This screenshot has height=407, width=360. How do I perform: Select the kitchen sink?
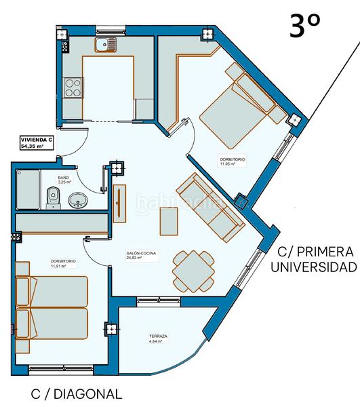click(106, 45)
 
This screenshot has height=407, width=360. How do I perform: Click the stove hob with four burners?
click(73, 87)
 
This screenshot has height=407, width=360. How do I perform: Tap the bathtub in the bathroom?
click(27, 189)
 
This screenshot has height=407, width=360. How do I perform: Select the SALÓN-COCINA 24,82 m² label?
click(141, 256)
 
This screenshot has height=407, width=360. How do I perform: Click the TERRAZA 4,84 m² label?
click(159, 338)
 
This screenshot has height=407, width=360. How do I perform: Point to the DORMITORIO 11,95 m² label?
click(233, 161)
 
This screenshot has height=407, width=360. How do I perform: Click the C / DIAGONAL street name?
click(77, 393)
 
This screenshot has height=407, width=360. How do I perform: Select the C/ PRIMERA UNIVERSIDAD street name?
click(313, 258)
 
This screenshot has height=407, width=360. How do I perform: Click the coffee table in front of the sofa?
click(169, 222)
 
